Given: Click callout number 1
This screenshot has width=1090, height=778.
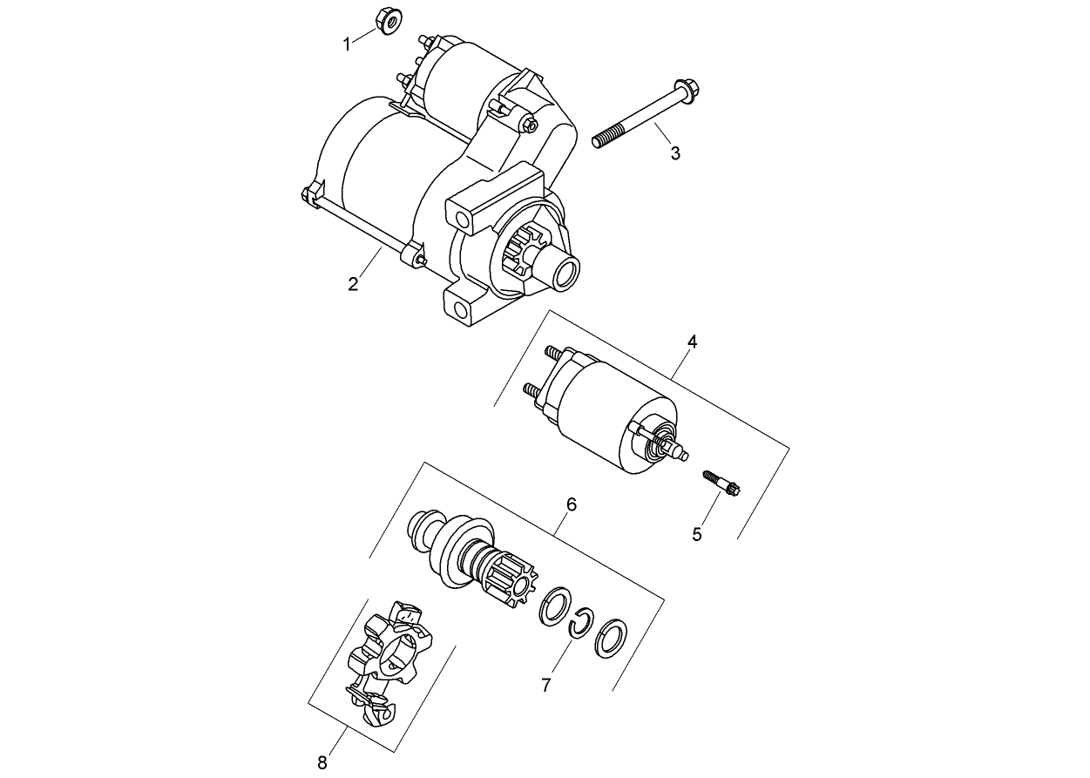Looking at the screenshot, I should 346,44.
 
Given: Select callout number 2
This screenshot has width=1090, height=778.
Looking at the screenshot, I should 353,284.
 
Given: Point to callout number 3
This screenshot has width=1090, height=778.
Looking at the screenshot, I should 675,153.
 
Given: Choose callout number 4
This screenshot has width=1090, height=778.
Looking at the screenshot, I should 692,342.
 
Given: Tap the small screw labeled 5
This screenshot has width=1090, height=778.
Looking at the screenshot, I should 721,482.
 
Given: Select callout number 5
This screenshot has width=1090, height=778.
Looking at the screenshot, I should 697,534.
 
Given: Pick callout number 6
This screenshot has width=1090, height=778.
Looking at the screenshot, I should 572,504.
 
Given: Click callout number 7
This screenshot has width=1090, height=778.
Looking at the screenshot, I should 546,686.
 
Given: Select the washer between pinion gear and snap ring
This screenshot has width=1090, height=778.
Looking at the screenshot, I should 553,606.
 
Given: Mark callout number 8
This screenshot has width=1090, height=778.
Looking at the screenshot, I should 322,763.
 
